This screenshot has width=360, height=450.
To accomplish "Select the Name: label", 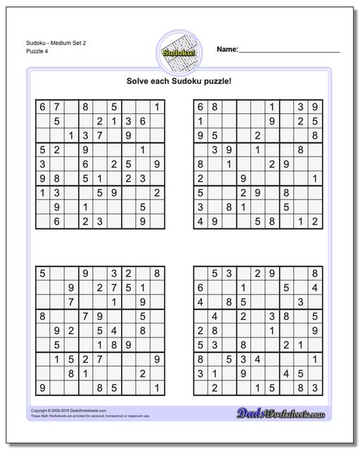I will point(227,50).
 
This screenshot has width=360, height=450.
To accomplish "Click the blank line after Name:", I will point(290,51).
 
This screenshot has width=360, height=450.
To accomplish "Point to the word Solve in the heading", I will point(140,81).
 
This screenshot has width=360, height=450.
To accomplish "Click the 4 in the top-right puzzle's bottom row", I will point(200,221).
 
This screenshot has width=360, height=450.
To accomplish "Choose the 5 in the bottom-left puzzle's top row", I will point(41,272).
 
